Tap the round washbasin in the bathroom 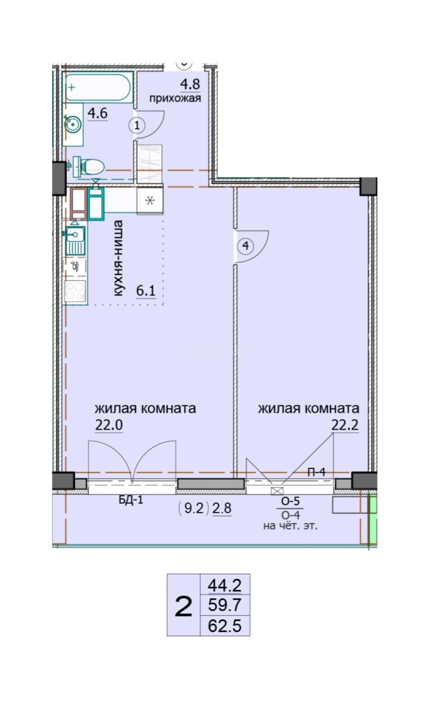[72, 124]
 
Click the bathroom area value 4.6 [97, 113]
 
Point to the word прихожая [175, 99]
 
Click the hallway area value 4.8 [190, 84]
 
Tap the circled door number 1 [137, 125]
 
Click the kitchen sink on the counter [75, 241]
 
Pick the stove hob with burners [75, 291]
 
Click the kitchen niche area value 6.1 [145, 291]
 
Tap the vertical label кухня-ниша [118, 258]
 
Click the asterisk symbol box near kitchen [150, 200]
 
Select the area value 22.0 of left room [108, 424]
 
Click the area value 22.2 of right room [345, 424]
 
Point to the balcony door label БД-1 [131, 500]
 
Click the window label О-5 [290, 502]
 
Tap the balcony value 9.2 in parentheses [194, 509]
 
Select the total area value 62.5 [225, 626]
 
